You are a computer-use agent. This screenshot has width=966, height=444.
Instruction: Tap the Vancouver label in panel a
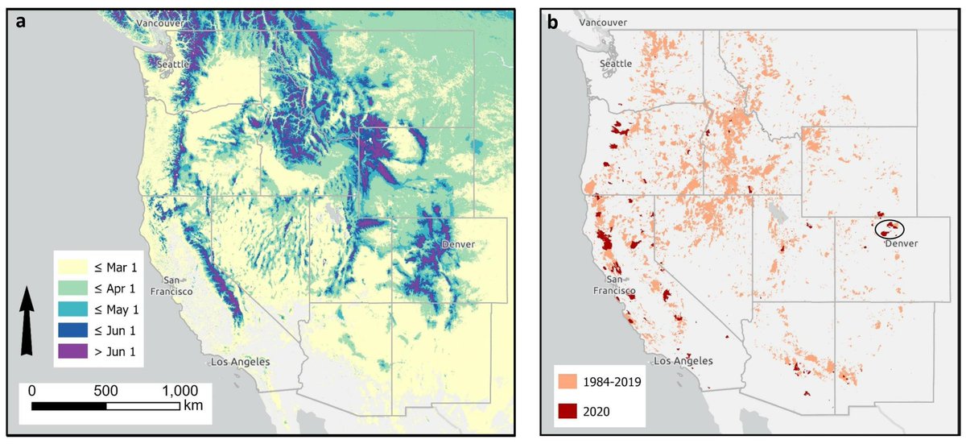tap(160, 24)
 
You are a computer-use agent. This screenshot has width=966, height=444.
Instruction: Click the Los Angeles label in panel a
tap(239, 362)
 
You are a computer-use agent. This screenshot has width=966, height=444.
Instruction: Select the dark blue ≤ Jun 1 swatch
tap(73, 330)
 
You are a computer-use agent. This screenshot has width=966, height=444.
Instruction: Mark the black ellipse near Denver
tap(890, 229)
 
